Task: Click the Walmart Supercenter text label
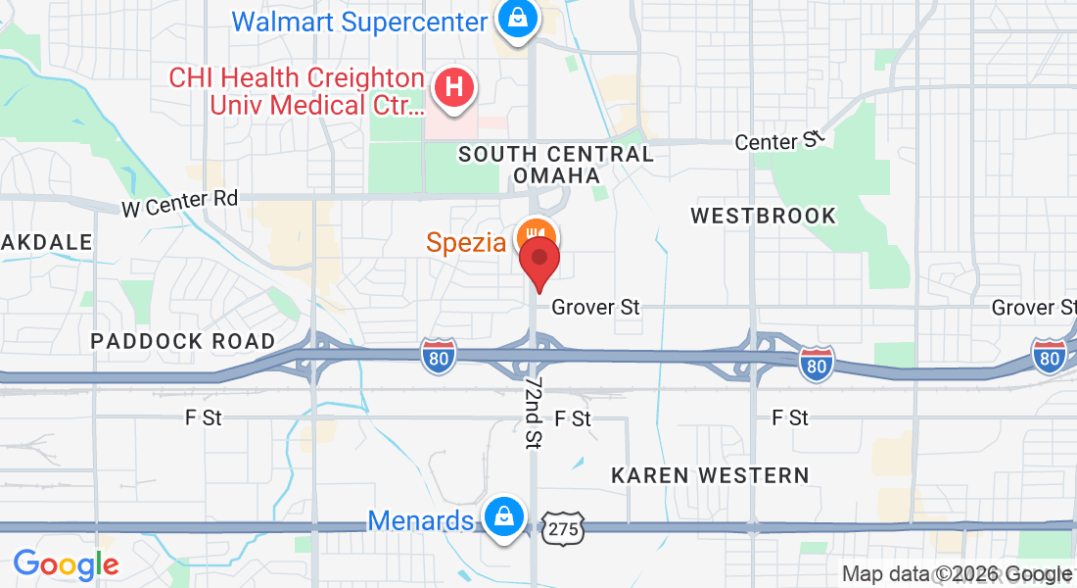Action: [x=359, y=21]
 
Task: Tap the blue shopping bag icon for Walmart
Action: [x=514, y=19]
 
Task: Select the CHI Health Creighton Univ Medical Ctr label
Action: [x=297, y=91]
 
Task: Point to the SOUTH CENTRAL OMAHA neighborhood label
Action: [x=556, y=165]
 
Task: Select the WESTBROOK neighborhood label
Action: [x=764, y=216]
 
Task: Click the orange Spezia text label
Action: [x=466, y=242]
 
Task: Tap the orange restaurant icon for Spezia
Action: [x=536, y=236]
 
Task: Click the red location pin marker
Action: [x=538, y=263]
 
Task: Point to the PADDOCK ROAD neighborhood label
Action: [x=183, y=342]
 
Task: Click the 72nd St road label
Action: [x=534, y=411]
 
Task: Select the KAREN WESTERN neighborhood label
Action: [x=710, y=475]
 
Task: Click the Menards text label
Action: [x=421, y=520]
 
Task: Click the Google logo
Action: [x=66, y=564]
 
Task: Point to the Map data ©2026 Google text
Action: [x=957, y=574]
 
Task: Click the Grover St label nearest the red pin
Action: [x=595, y=308]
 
